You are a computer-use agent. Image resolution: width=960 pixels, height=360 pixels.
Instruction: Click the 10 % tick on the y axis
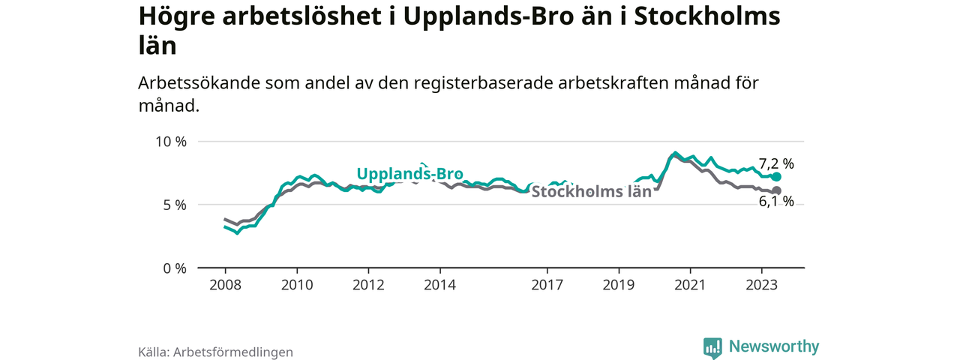(170, 142)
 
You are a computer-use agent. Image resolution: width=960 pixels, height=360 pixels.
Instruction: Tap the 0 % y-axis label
(173, 268)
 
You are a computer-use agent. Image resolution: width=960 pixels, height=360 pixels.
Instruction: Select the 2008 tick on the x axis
(225, 285)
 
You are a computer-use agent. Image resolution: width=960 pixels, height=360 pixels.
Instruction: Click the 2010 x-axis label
(297, 285)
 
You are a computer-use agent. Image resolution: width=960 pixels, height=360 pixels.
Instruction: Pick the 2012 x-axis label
(368, 285)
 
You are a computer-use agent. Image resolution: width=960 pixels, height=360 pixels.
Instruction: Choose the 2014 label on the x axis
(440, 285)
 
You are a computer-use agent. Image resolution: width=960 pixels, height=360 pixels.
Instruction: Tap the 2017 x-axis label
(547, 285)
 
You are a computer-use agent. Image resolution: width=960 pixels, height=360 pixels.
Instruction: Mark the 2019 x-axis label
(619, 285)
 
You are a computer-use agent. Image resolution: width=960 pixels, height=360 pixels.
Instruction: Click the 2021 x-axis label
(690, 285)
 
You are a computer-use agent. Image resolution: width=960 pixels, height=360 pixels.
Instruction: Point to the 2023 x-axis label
(762, 285)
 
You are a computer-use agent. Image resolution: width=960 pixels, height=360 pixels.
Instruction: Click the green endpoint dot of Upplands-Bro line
(776, 177)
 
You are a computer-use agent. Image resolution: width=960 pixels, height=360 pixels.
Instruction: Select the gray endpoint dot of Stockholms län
(776, 190)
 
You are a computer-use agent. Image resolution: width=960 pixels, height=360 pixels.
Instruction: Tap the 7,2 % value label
(776, 163)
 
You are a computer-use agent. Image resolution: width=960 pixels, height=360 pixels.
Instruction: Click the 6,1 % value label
(776, 201)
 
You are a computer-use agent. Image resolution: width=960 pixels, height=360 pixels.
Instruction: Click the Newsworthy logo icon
(712, 347)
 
